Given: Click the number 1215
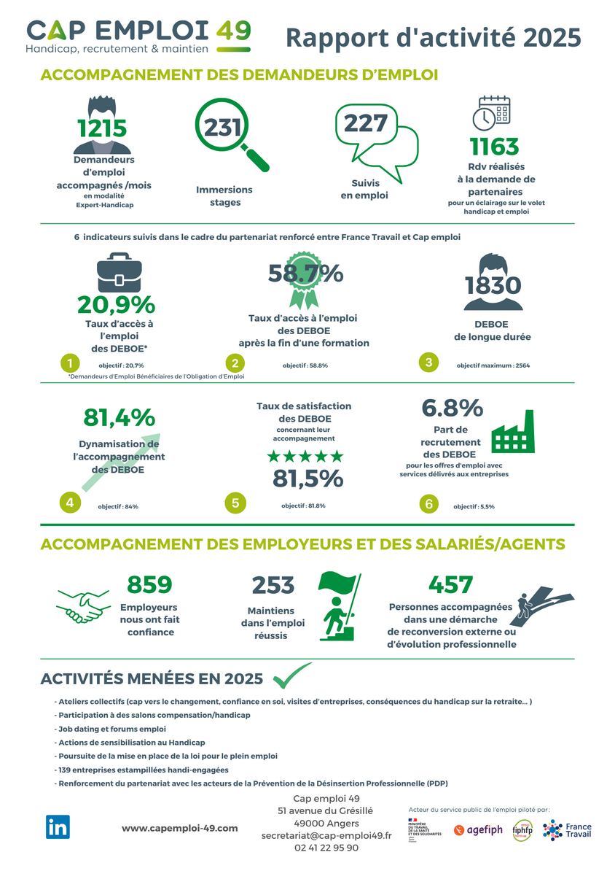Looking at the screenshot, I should click(102, 128).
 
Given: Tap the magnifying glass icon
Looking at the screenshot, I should click(230, 134).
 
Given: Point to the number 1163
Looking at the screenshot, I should click(494, 147).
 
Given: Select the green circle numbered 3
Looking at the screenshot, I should click(428, 363).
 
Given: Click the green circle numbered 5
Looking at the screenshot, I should click(235, 503).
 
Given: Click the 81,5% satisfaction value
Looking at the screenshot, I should click(307, 479).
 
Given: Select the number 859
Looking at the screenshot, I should click(149, 585).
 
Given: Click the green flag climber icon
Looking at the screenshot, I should click(339, 606).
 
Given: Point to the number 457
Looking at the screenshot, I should click(450, 585).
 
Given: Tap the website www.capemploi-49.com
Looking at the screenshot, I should click(179, 828).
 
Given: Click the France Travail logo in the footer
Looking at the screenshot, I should click(568, 831).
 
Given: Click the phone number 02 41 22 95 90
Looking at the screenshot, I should click(326, 848).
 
